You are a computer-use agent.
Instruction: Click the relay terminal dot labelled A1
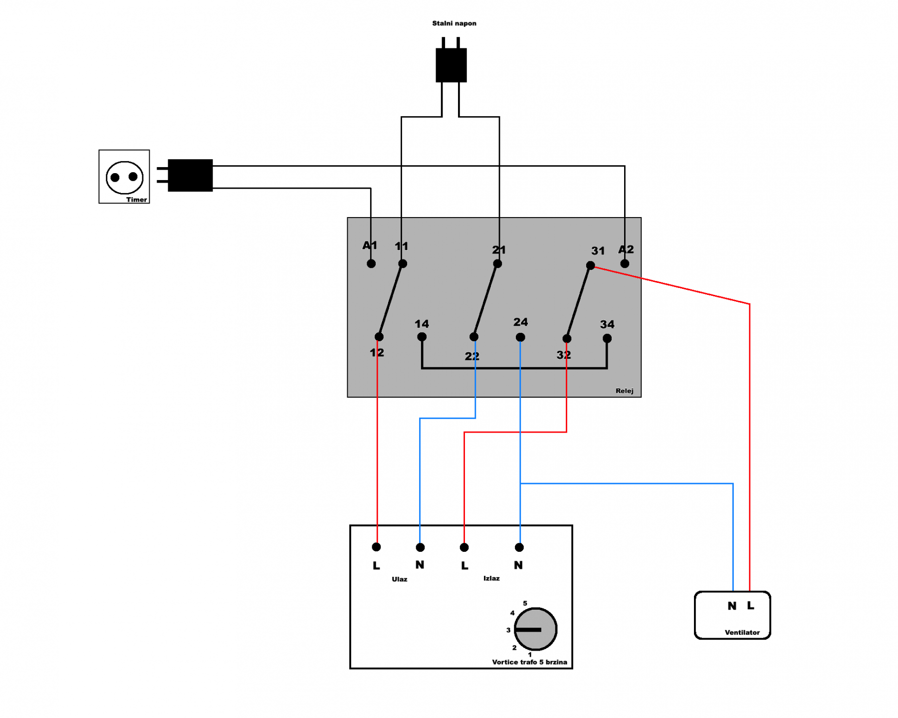click(371, 263)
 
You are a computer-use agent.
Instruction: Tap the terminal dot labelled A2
click(625, 263)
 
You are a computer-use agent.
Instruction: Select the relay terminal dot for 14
click(422, 337)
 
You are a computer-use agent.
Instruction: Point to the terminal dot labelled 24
click(520, 337)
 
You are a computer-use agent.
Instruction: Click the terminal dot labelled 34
click(607, 338)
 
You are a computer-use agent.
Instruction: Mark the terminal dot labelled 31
click(591, 265)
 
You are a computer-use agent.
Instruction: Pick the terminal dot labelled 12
click(379, 337)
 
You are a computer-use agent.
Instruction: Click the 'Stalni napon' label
click(454, 23)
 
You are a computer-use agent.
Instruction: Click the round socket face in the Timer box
click(124, 177)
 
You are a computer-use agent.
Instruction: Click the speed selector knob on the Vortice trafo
click(535, 629)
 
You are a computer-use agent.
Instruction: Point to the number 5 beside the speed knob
click(525, 603)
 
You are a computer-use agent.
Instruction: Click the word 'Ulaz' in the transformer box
click(400, 579)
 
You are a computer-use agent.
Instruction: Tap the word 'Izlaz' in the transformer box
click(491, 578)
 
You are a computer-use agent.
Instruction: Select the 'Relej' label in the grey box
click(625, 391)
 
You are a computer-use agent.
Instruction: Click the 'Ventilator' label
click(742, 632)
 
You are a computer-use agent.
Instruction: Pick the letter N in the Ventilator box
click(732, 606)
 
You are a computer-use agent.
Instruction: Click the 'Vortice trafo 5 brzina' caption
click(529, 662)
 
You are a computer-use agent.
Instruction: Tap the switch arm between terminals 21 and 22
click(485, 300)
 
